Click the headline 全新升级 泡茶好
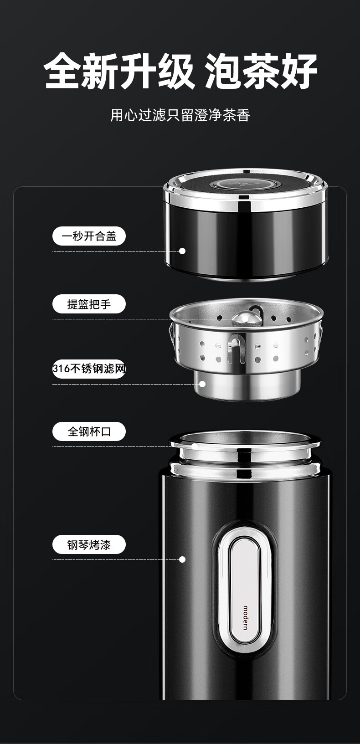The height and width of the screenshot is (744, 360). [180, 71]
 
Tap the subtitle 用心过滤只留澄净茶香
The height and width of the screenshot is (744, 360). [180, 115]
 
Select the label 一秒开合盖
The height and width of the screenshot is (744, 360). [89, 236]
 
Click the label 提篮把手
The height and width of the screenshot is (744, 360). [89, 304]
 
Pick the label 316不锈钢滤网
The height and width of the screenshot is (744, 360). [89, 369]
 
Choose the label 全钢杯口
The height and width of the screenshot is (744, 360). [89, 431]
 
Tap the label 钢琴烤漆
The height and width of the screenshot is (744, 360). [89, 545]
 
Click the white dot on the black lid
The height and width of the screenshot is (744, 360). [182, 251]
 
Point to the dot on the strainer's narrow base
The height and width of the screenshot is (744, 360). [202, 384]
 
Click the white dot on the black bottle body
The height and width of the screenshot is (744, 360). [182, 559]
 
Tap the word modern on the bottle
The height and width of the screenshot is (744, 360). [246, 617]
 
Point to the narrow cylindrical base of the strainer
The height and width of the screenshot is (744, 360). [247, 385]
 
